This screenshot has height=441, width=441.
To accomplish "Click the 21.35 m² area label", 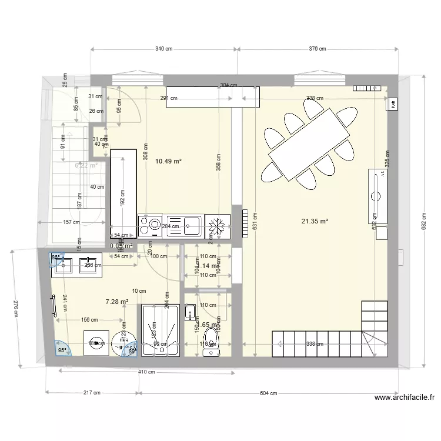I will [315, 221].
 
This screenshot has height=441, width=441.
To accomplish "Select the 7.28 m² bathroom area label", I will [116, 302].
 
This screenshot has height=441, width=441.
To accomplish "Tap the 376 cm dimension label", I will [316, 49].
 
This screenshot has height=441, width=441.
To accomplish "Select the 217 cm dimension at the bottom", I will [92, 393].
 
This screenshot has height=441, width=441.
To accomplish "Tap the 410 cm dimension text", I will [147, 372].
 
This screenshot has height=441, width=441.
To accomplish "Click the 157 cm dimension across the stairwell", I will [71, 222].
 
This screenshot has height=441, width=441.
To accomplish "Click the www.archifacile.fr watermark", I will [405, 398].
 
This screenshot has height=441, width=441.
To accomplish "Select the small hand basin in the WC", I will [190, 311].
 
